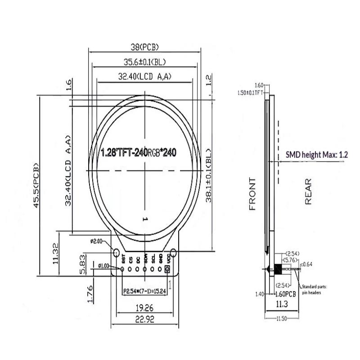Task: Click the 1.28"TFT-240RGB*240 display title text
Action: pyautogui.click(x=138, y=153)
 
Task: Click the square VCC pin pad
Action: pyautogui.click(x=167, y=269)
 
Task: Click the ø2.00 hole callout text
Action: pyautogui.click(x=97, y=241)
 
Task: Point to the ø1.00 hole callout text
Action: pyautogui.click(x=103, y=266)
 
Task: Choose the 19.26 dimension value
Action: pyautogui.click(x=145, y=309)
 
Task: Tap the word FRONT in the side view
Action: pyautogui.click(x=252, y=194)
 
